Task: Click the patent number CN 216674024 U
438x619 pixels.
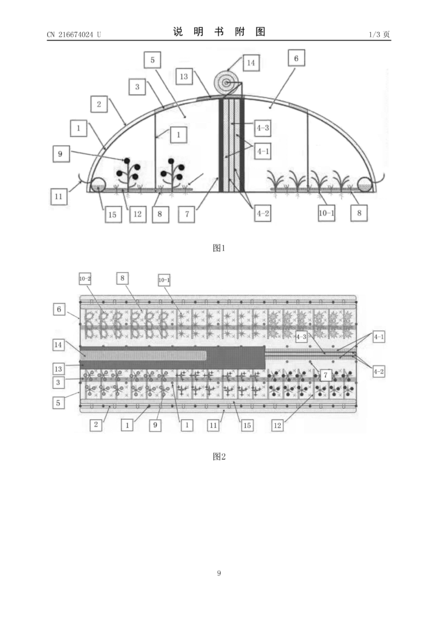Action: click(x=74, y=34)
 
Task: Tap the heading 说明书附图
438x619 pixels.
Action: click(x=219, y=32)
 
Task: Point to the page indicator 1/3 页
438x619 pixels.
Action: click(x=379, y=34)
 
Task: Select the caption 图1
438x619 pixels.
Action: click(x=219, y=248)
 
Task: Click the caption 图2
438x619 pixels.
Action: click(x=219, y=456)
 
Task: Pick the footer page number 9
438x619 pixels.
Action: click(x=219, y=573)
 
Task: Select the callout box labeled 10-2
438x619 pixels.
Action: click(x=85, y=279)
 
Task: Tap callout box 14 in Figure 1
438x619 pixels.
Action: click(x=251, y=63)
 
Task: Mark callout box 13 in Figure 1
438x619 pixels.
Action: click(x=184, y=76)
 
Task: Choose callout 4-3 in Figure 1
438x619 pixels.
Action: click(x=263, y=128)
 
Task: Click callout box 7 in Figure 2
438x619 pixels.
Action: click(x=325, y=375)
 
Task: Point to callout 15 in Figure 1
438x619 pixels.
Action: click(x=113, y=215)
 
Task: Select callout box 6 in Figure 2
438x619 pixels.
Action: click(x=59, y=309)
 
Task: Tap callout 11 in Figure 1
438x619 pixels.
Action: click(x=59, y=196)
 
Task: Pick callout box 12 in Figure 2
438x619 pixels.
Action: click(x=278, y=425)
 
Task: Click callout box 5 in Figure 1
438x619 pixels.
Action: click(x=152, y=60)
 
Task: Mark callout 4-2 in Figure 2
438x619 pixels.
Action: click(x=379, y=372)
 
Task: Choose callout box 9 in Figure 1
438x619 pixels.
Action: click(x=61, y=154)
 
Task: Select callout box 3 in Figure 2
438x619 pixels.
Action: click(x=59, y=382)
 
